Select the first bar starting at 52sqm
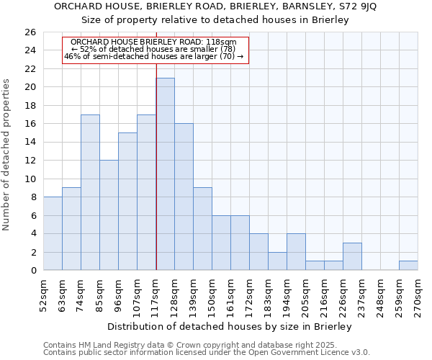53,233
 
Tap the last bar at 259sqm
408,266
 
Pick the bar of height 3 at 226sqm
352,256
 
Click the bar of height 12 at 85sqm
109,215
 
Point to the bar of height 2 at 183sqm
277,261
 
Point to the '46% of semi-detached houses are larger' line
154,56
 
